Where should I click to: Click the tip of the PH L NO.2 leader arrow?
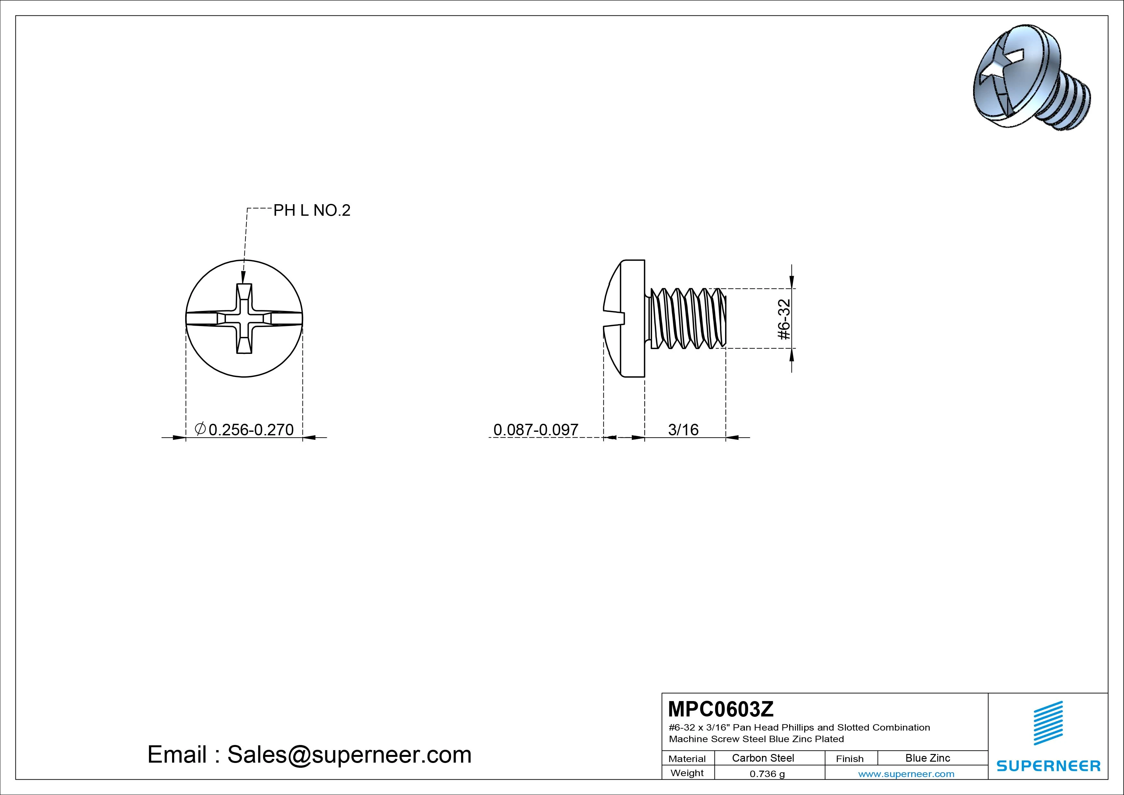click(x=243, y=283)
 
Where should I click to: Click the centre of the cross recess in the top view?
click(x=244, y=318)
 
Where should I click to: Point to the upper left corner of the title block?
click(x=662, y=693)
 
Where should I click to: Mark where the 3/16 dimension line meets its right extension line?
click(x=725, y=438)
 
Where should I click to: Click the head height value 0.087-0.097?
click(x=535, y=430)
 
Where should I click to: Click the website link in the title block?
click(x=906, y=774)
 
